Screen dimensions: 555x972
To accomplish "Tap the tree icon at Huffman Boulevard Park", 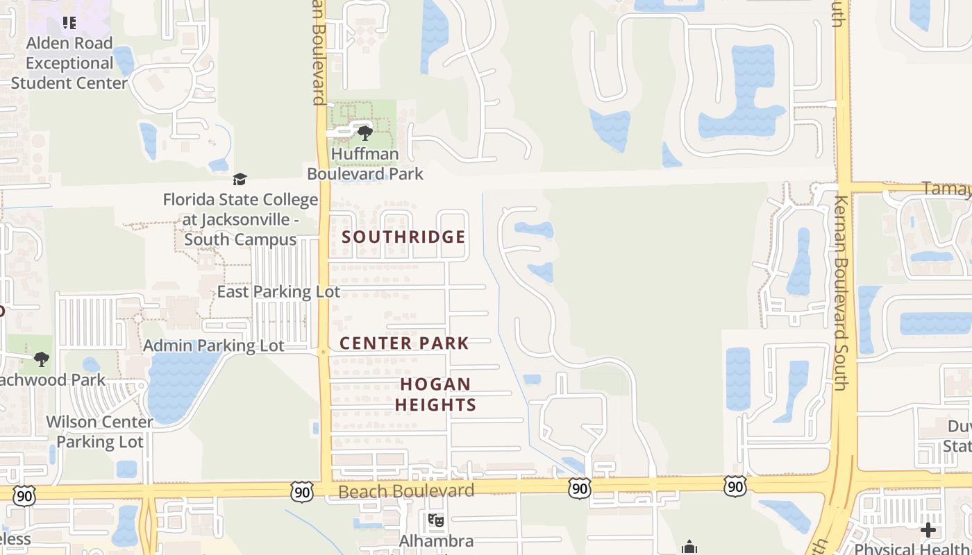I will point(364,133).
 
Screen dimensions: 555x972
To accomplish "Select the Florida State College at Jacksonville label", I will point(240,220).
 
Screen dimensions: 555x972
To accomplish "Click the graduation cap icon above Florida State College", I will point(240,180).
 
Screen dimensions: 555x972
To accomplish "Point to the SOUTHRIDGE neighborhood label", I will point(403,237).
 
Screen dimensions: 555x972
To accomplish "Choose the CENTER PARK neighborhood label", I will point(404,343).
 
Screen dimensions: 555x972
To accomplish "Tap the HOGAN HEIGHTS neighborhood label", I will point(436,395).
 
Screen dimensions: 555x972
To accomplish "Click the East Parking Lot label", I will point(278,292).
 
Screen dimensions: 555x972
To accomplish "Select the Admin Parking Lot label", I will point(214,345).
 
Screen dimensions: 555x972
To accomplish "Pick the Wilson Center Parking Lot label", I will point(99,432).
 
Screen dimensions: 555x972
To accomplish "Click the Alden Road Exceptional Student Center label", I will point(69,63).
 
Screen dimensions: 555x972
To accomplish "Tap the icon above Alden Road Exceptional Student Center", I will point(69,23).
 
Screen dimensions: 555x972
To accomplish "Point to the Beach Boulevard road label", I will point(406,492).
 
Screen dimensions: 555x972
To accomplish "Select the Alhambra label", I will point(436,541).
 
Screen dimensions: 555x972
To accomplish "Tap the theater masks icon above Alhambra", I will point(436,520).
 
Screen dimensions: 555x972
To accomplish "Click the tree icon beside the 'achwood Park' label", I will point(42,359).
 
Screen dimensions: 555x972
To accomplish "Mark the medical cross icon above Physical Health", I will point(928,531).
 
